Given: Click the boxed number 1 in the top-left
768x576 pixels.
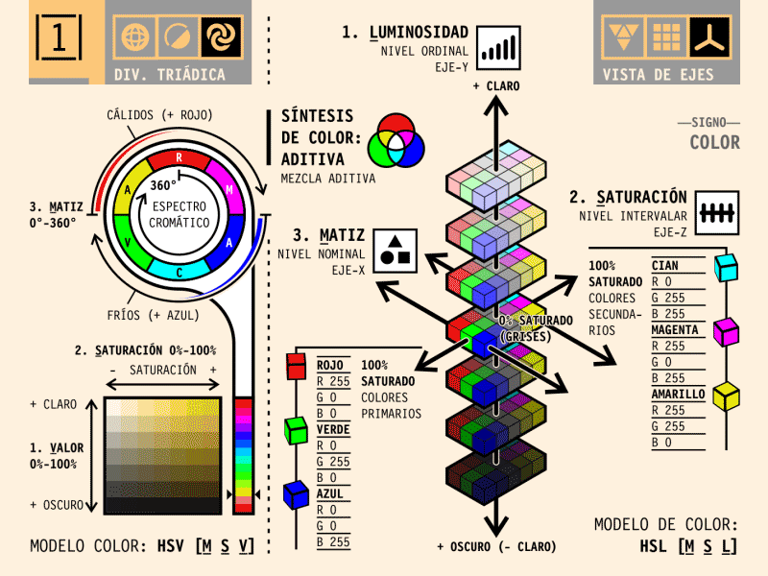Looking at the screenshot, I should (60, 38).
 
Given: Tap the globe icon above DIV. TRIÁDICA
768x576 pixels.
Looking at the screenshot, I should (135, 38).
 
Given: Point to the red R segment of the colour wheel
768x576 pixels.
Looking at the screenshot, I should (179, 158).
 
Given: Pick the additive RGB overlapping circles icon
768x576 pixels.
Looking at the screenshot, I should (401, 139).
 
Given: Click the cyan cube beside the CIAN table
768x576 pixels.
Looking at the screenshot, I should (727, 268).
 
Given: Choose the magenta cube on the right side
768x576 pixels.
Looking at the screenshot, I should (727, 332).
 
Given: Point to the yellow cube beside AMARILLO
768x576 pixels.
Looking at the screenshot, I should (727, 396).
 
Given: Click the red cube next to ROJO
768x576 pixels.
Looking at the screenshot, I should (297, 366).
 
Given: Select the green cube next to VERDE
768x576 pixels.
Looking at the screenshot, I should (297, 430).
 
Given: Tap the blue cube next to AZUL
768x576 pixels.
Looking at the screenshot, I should (297, 494).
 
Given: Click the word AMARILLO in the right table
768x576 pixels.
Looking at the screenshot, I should (678, 395).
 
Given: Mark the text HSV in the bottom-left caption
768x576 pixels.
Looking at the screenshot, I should (171, 546).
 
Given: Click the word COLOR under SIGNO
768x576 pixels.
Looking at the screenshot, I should (714, 143).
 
